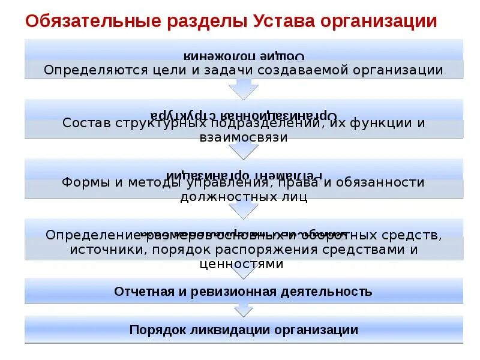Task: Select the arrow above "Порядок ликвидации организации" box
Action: click(243, 310)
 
